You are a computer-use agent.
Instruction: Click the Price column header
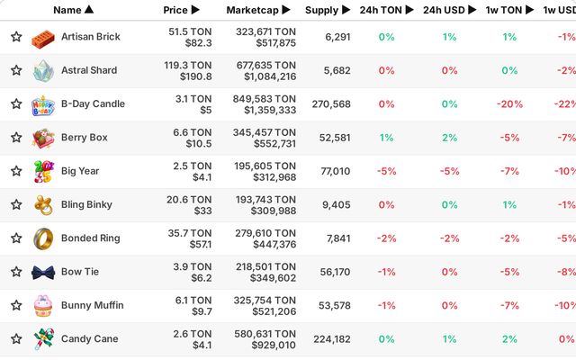point(181,10)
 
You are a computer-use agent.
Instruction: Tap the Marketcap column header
point(258,10)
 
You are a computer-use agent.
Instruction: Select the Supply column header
point(328,10)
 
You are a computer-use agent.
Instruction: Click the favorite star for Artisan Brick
point(16,37)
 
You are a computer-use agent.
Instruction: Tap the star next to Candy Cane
point(16,338)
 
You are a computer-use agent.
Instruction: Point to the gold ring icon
point(43,238)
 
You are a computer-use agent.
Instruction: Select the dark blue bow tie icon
point(43,273)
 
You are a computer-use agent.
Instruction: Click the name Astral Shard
point(89,70)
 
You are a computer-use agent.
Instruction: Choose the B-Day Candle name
point(93,104)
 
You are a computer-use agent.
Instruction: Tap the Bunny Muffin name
point(92,305)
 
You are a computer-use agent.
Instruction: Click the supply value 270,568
point(331,104)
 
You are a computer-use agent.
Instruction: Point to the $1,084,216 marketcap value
point(270,76)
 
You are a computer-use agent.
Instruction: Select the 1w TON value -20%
point(509,104)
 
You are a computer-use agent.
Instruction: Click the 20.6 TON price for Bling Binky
point(189,200)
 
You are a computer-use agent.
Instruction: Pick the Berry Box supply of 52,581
point(335,138)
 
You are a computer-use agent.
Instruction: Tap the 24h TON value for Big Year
point(386,171)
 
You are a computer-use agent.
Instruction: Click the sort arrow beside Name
point(89,9)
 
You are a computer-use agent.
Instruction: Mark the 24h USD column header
point(449,10)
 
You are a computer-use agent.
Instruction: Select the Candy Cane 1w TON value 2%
point(509,339)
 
